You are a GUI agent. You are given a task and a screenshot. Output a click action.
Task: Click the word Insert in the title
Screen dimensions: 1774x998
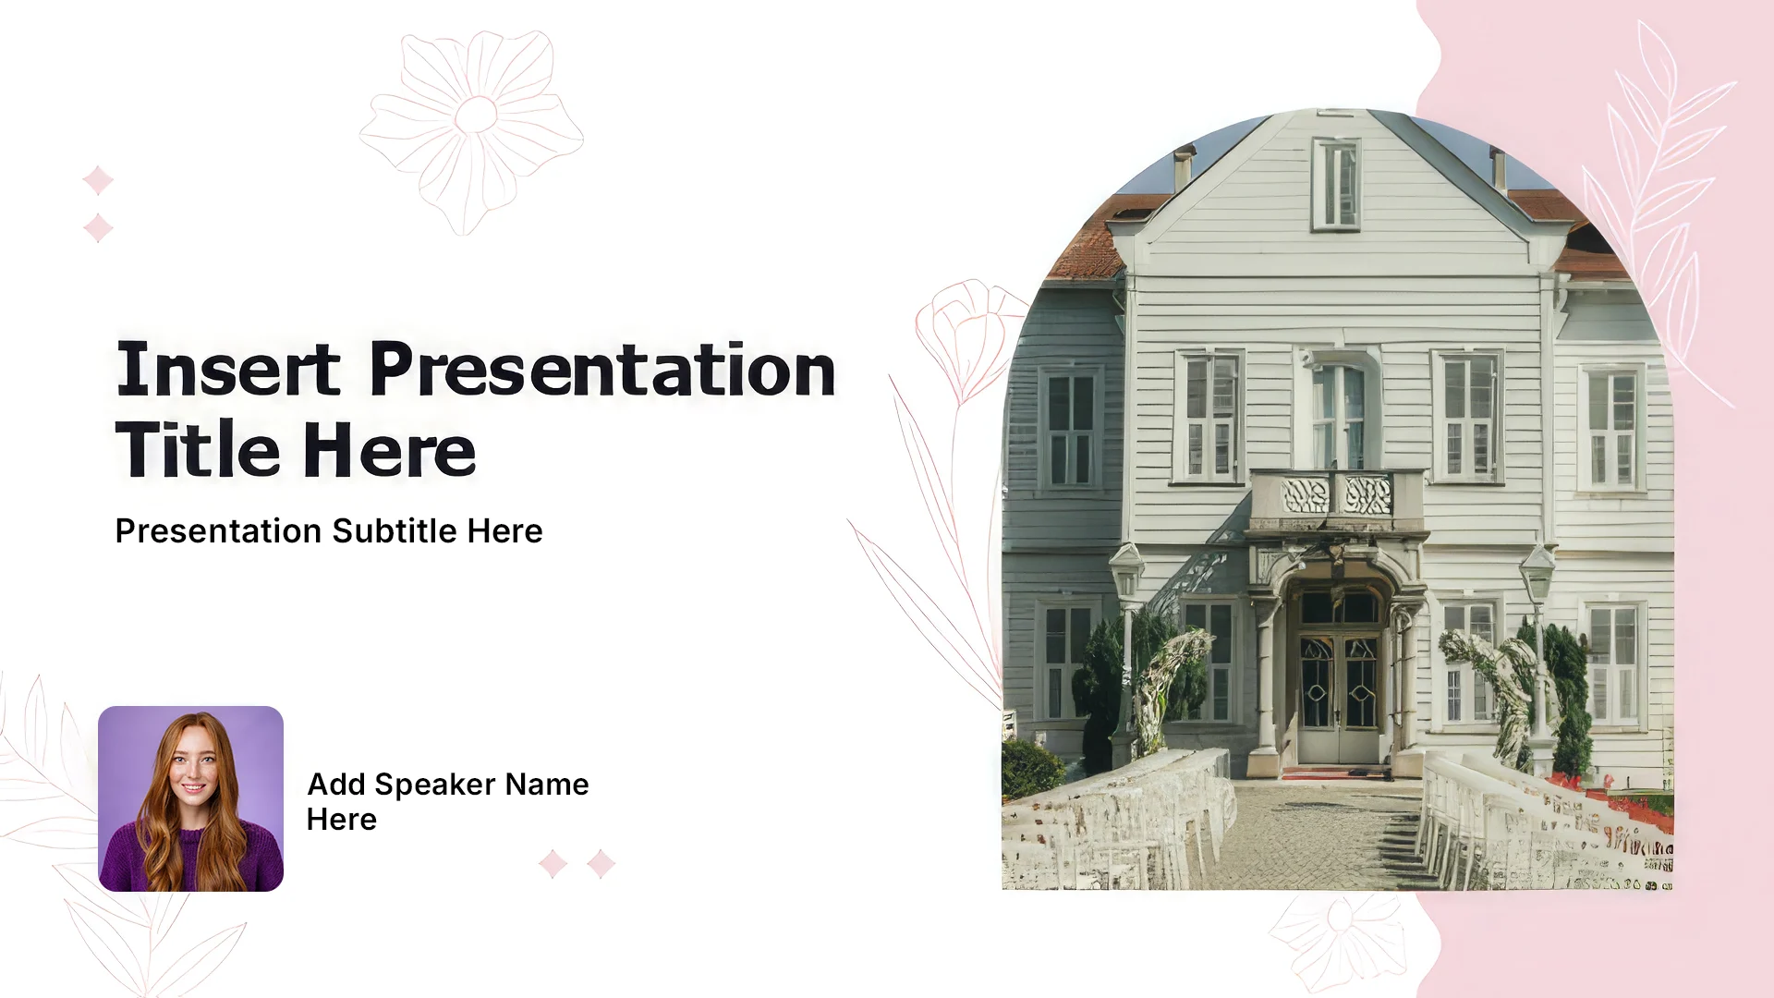point(227,370)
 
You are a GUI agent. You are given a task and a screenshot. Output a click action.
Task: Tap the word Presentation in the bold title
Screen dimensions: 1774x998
point(602,370)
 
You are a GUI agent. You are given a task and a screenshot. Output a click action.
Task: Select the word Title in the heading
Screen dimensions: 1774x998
point(197,450)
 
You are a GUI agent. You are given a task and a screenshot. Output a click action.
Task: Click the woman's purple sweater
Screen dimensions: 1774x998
point(191,859)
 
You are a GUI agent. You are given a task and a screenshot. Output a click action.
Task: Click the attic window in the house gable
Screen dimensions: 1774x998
point(1336,184)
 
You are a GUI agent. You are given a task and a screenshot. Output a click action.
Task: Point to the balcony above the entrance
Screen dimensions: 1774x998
point(1336,501)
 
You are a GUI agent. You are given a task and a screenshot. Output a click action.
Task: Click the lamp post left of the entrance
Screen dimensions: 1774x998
point(1126,638)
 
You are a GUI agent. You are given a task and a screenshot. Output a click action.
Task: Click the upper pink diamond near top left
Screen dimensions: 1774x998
point(98,180)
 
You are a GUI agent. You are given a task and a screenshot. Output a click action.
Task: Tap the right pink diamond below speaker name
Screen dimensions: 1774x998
point(601,864)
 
